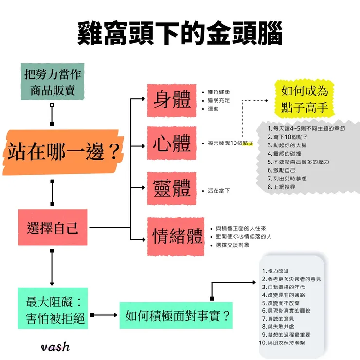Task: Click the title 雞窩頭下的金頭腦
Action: tap(180, 33)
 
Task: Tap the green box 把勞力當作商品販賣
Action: tap(53, 82)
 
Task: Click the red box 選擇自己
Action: tap(53, 227)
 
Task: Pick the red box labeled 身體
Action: tap(172, 100)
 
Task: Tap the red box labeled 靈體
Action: tap(172, 189)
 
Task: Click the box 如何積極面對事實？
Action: tap(178, 315)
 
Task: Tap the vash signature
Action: tap(55, 346)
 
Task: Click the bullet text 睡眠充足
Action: tap(218, 100)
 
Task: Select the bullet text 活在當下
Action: tap(218, 191)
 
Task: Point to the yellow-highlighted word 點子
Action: tap(248, 143)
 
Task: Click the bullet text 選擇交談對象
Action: tap(233, 245)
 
